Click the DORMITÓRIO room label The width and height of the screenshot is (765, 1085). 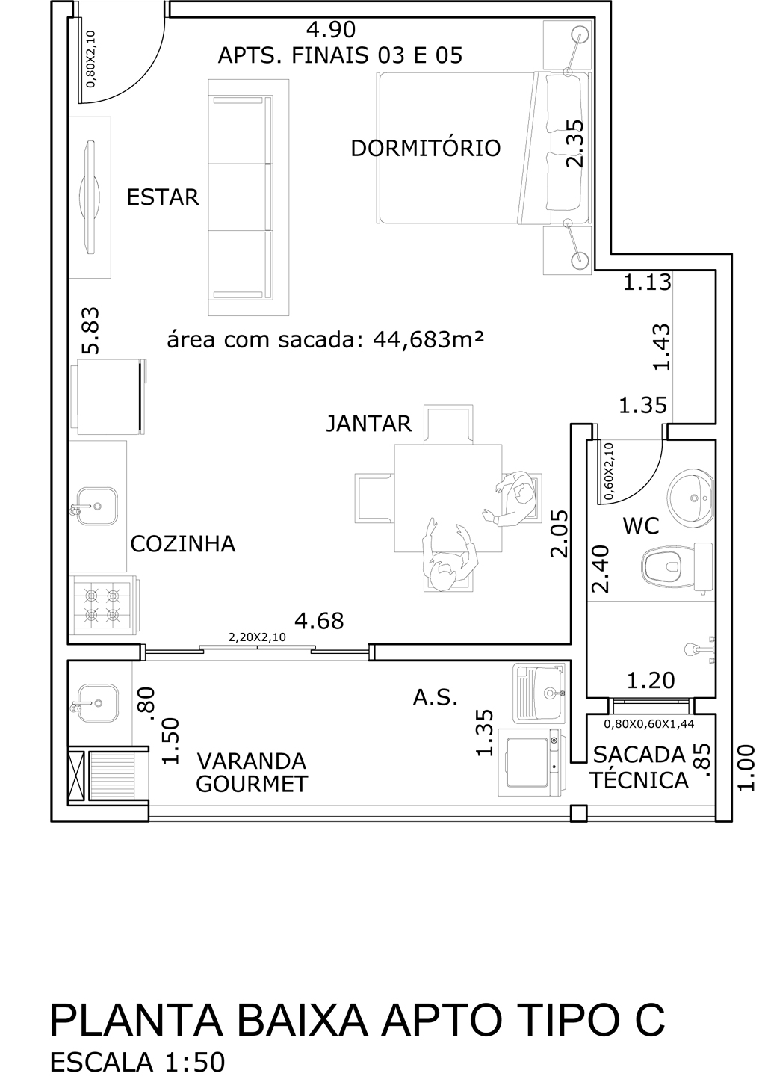426,148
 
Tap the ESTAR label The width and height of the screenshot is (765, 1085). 163,197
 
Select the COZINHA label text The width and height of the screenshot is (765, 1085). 183,544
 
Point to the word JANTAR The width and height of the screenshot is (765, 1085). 369,424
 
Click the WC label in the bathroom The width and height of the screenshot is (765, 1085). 641,525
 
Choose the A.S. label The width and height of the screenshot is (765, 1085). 436,698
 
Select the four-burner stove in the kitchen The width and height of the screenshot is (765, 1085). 104,605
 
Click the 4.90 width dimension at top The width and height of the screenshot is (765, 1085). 331,30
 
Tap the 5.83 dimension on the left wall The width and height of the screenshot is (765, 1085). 90,330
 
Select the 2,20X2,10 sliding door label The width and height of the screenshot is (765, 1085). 257,637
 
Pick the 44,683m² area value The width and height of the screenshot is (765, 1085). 428,340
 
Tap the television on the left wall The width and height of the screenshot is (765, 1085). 90,197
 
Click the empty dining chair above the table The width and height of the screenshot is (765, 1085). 448,424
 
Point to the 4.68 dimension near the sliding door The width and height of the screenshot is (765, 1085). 319,621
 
